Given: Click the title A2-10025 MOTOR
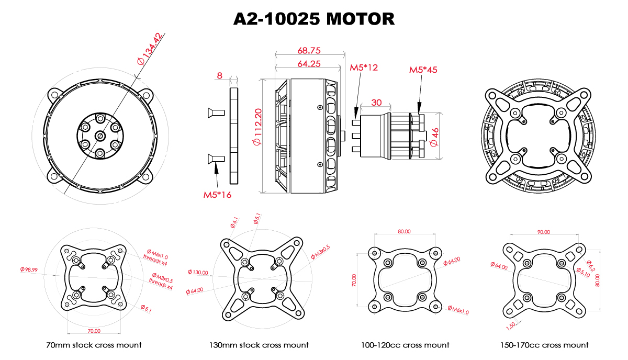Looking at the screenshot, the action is pos(313,19).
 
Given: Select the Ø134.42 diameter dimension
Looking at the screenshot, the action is pos(150,49).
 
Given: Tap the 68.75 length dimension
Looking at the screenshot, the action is pos(309,50).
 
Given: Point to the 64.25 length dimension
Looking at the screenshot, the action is pos(309,64).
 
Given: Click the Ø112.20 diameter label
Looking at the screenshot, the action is pos(257,127).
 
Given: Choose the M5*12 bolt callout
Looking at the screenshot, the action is pos(364,67).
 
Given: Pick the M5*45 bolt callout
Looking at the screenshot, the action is pos(423,70).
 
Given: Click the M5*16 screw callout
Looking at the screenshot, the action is pos(217,195).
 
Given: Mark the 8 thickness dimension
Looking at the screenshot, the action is pos(219,75).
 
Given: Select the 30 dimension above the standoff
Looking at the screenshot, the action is pos(376,103).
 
